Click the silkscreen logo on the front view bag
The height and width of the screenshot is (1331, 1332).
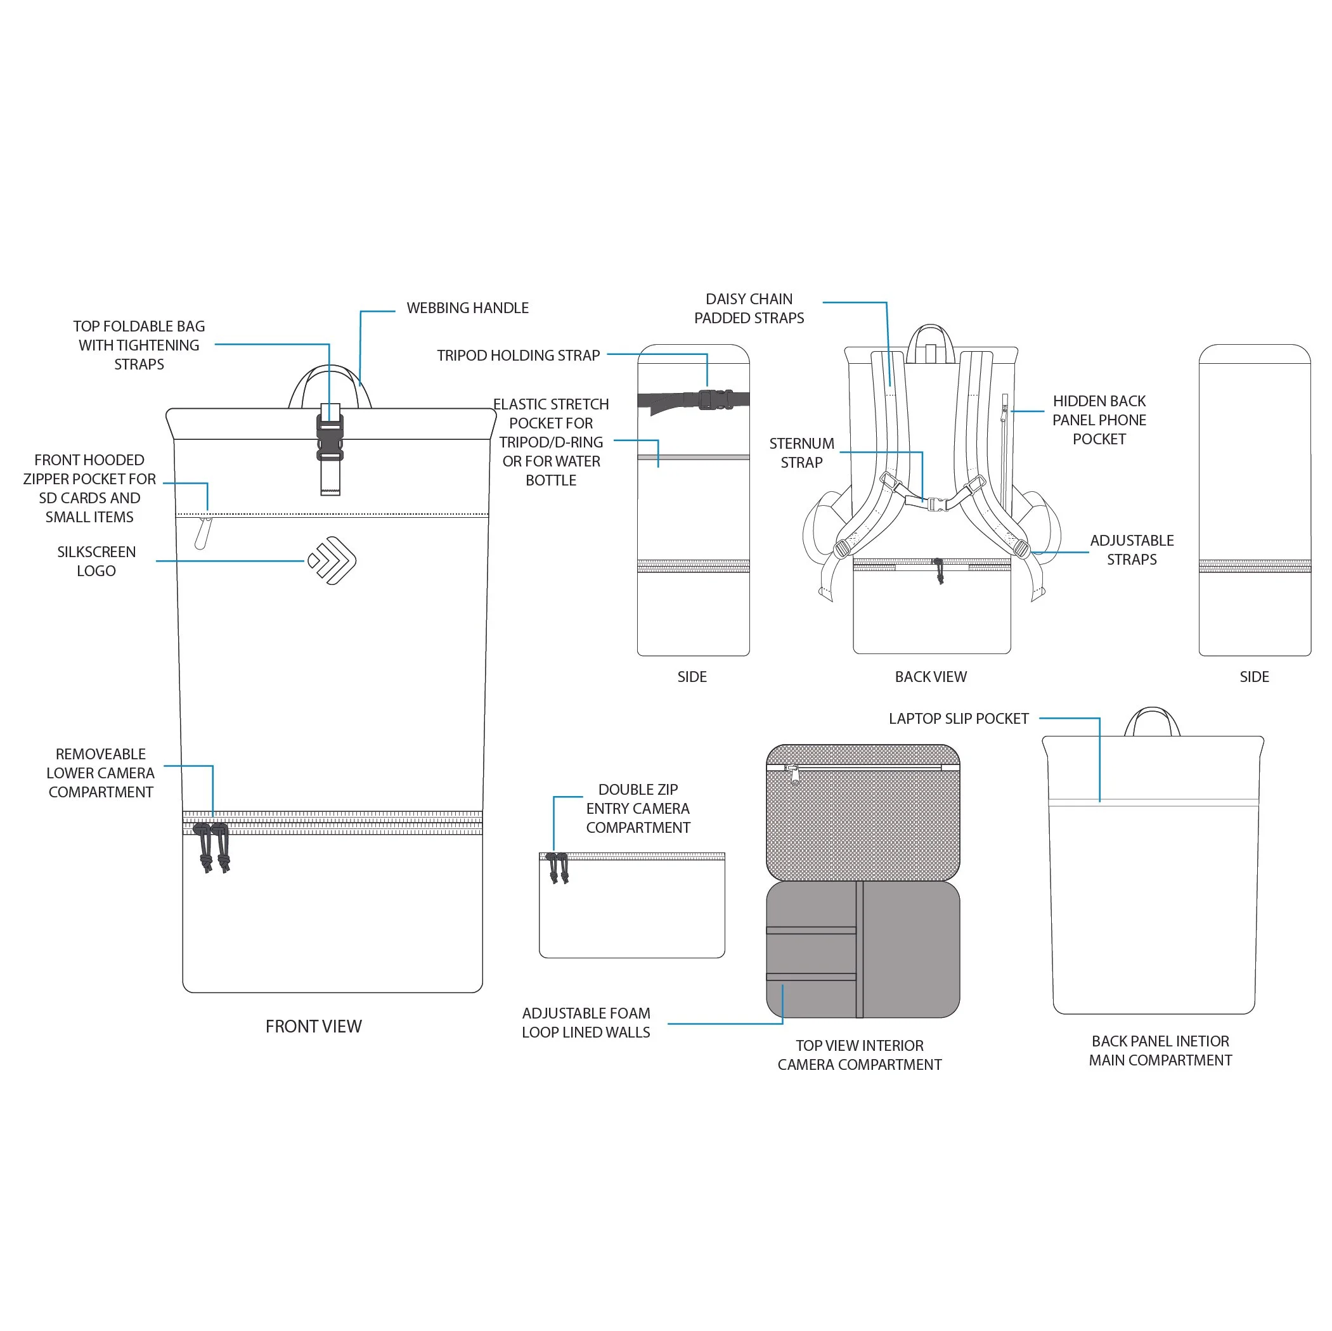(332, 560)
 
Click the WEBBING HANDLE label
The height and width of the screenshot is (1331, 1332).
(467, 308)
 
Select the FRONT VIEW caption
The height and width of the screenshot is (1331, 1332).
(313, 1026)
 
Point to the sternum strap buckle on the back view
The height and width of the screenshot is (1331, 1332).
(936, 504)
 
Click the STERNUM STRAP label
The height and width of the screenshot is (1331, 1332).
(801, 453)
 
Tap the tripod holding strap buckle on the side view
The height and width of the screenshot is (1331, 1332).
(715, 400)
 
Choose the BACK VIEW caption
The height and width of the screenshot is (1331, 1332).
(930, 677)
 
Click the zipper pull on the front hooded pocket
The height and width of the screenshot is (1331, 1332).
(202, 533)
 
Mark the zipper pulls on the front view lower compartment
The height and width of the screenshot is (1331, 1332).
(212, 848)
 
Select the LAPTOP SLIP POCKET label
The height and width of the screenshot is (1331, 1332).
(958, 719)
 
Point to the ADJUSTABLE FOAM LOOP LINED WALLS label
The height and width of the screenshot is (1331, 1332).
(585, 1023)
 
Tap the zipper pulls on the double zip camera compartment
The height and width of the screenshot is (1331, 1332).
(557, 868)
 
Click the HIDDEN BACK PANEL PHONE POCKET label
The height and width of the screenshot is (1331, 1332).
(1098, 420)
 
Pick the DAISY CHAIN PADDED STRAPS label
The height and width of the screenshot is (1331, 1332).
(749, 308)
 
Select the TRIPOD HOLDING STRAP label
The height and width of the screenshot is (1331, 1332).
(518, 356)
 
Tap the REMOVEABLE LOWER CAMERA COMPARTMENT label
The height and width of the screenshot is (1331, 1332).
(101, 773)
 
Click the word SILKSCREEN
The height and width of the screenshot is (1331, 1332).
(96, 552)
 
